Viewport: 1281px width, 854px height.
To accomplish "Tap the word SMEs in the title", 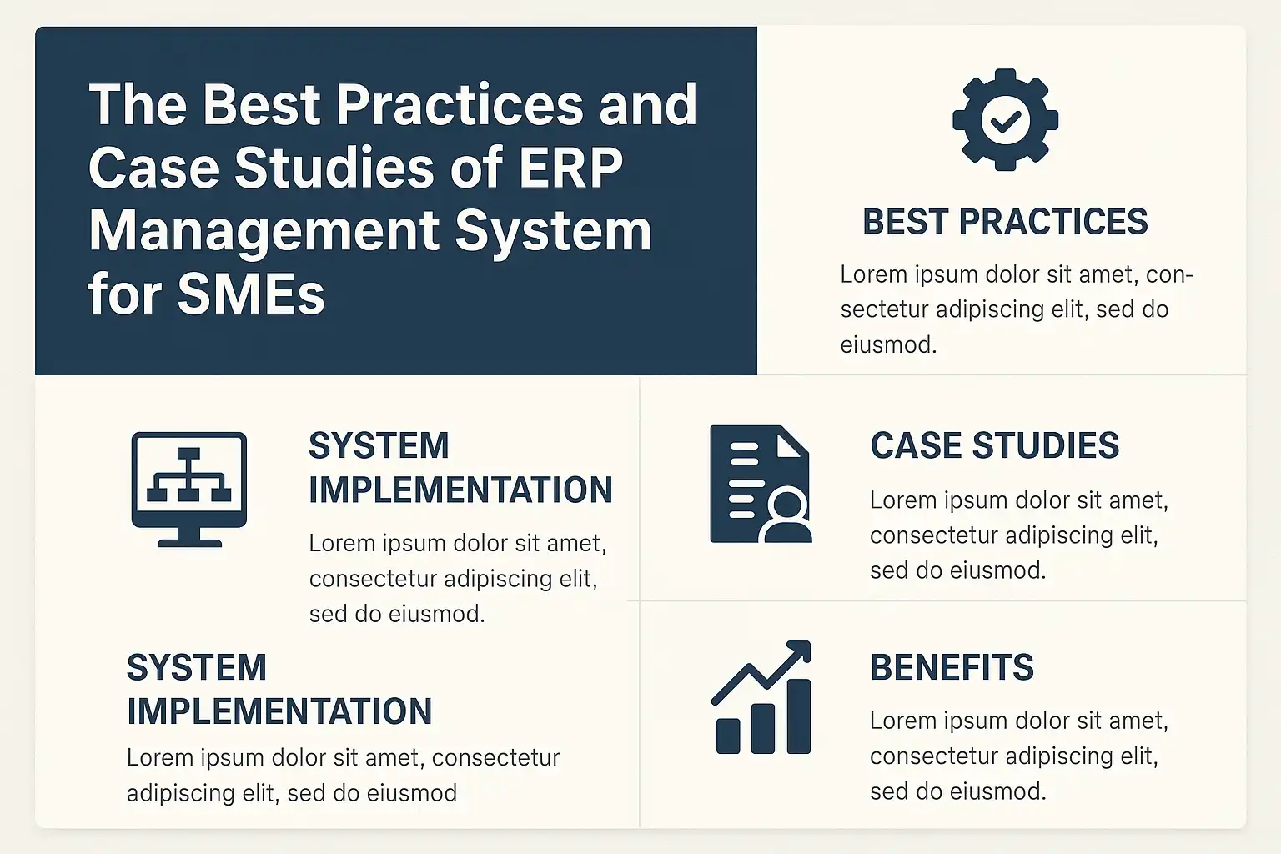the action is pos(251,294).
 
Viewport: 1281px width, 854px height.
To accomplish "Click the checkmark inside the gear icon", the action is pos(1005,121).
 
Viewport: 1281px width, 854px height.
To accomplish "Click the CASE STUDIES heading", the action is pos(994,445).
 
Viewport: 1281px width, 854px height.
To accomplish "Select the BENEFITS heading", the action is pos(952,667).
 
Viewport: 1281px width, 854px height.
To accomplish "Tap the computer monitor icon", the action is pos(189,489).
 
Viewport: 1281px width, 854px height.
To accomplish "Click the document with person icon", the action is pos(761,484).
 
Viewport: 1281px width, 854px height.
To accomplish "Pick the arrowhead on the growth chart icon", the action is pos(799,651).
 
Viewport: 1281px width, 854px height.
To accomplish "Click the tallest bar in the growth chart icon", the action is pos(799,716).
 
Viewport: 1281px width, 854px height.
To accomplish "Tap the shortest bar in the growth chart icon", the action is pos(728,736).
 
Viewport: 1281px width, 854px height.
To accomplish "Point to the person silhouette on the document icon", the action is pos(787,517).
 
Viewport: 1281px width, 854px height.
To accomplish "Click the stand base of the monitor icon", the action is pos(189,543).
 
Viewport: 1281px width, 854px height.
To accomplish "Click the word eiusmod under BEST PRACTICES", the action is pos(888,345).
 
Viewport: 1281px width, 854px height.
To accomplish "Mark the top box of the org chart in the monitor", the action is pos(188,454).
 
